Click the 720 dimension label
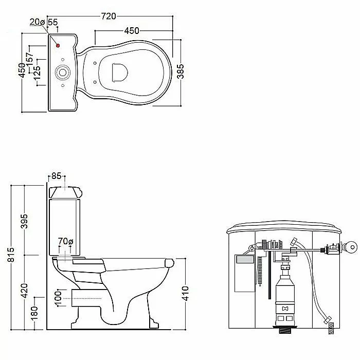point(109,16)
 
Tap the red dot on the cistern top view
point(58,46)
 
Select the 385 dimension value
point(181,71)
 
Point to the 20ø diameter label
point(37,22)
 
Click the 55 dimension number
point(53,22)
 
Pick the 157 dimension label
point(30,59)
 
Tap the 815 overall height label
point(11,255)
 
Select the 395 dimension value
point(24,221)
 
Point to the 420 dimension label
point(24,291)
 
